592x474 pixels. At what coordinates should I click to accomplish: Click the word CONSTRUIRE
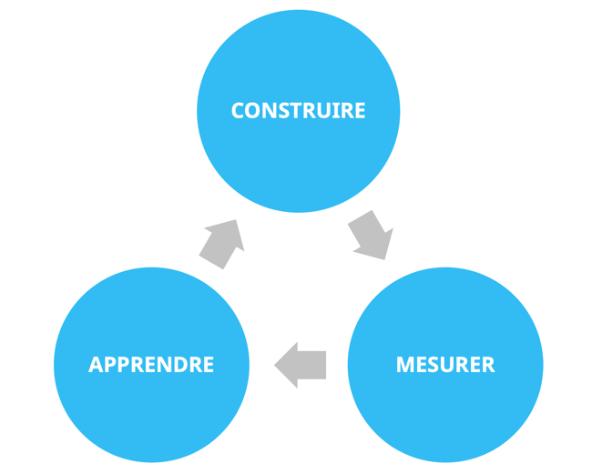tap(298, 111)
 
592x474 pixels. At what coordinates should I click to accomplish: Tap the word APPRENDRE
tap(151, 365)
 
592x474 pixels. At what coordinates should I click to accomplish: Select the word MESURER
tap(445, 365)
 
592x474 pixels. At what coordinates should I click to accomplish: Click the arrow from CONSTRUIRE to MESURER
tap(371, 236)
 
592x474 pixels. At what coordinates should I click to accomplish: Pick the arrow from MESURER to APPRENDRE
tap(301, 365)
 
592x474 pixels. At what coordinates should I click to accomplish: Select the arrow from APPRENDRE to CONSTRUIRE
tap(223, 243)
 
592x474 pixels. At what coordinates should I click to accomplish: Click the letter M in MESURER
tap(405, 365)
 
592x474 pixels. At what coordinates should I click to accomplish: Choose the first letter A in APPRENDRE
tap(96, 365)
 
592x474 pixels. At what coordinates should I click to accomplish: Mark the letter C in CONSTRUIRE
tap(238, 111)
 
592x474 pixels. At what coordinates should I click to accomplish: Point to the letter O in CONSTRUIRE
tap(251, 111)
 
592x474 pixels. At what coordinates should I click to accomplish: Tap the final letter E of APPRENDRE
tap(209, 365)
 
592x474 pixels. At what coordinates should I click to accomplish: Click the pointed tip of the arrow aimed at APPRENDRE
tap(276, 366)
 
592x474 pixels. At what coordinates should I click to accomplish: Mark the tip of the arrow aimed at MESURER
tap(384, 258)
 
